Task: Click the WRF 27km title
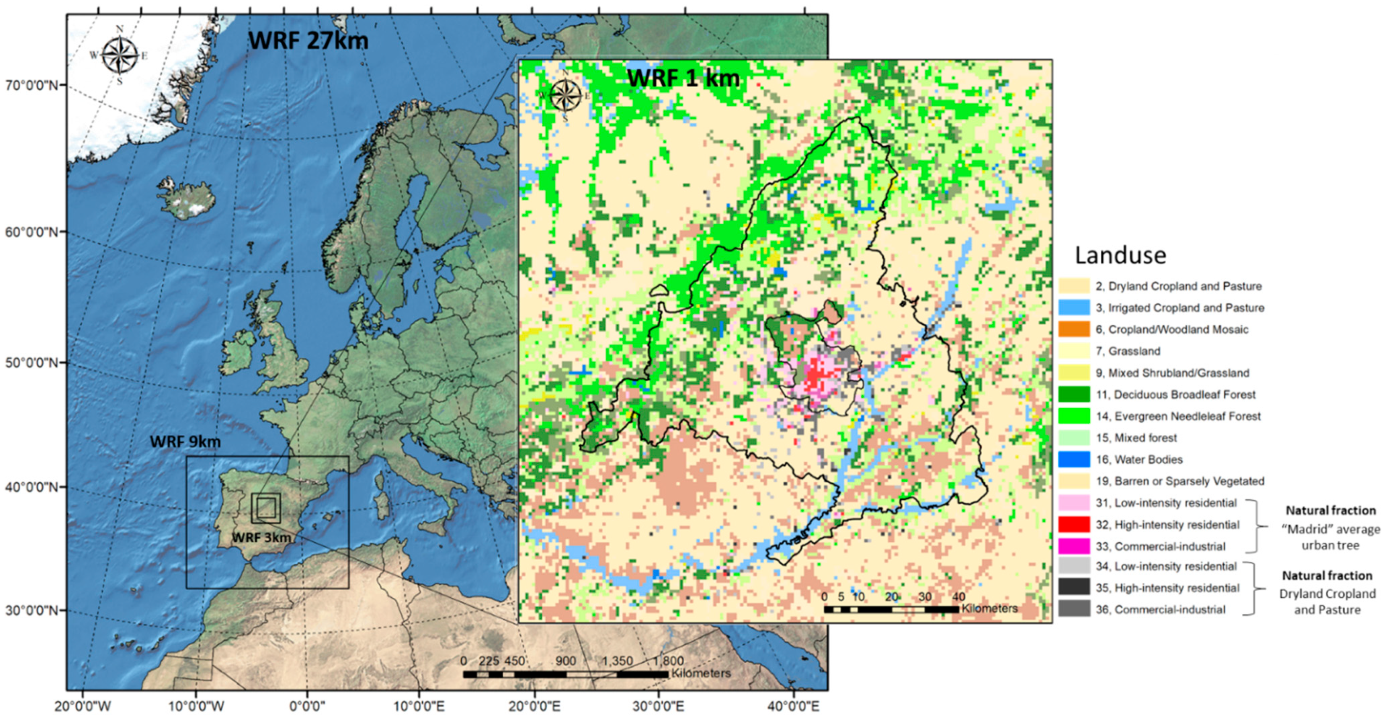point(308,41)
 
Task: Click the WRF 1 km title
point(683,79)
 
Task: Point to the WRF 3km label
point(261,537)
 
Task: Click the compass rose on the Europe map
point(119,55)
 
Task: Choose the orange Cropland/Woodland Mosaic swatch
point(1074,329)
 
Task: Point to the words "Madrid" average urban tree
point(1330,537)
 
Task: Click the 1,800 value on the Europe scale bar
point(668,661)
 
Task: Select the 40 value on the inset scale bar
point(959,596)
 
